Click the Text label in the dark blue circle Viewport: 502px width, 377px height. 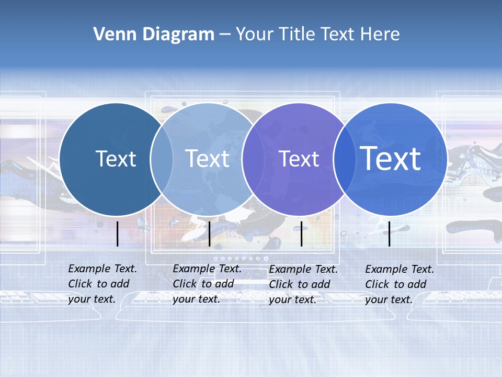pos(116,159)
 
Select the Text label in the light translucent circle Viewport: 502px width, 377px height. pos(208,159)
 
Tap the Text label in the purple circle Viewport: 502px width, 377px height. pos(299,159)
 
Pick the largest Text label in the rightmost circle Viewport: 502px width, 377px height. pos(391,158)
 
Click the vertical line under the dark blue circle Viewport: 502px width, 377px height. pos(118,234)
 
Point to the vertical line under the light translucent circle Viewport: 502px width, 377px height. pos(209,234)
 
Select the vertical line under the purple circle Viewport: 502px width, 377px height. pos(301,234)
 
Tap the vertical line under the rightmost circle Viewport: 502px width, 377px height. pos(389,234)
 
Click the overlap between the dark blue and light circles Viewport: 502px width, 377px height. pos(162,159)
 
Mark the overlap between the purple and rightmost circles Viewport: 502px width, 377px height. pos(344,159)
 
